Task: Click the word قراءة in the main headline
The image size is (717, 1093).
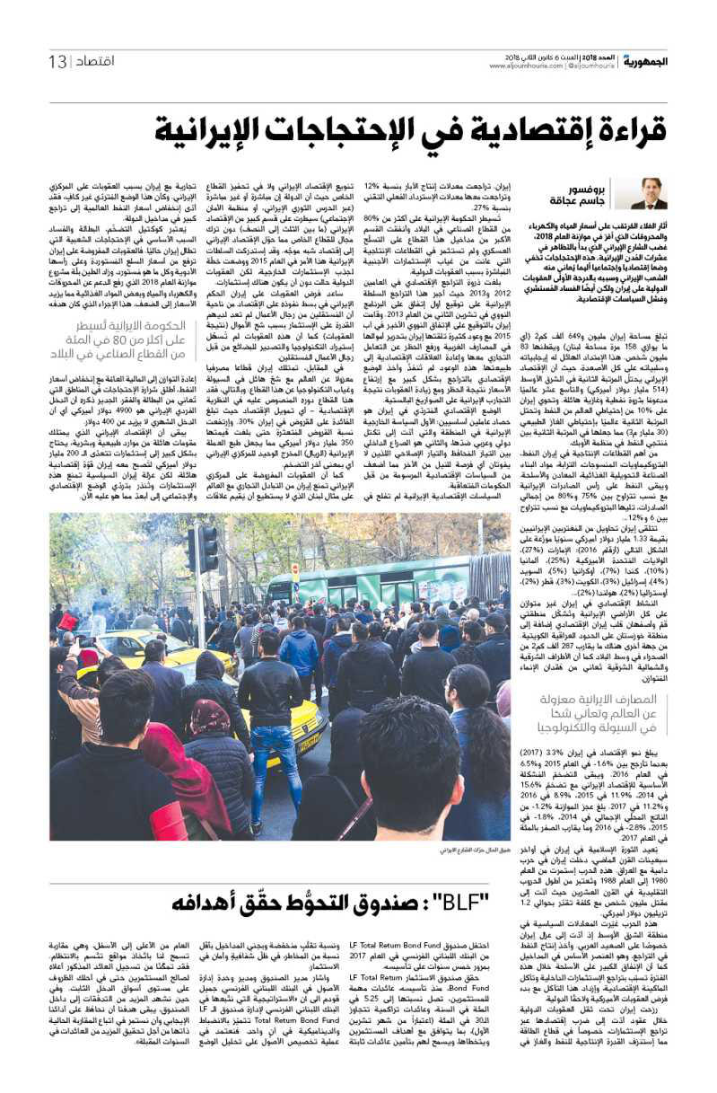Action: tap(625, 130)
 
